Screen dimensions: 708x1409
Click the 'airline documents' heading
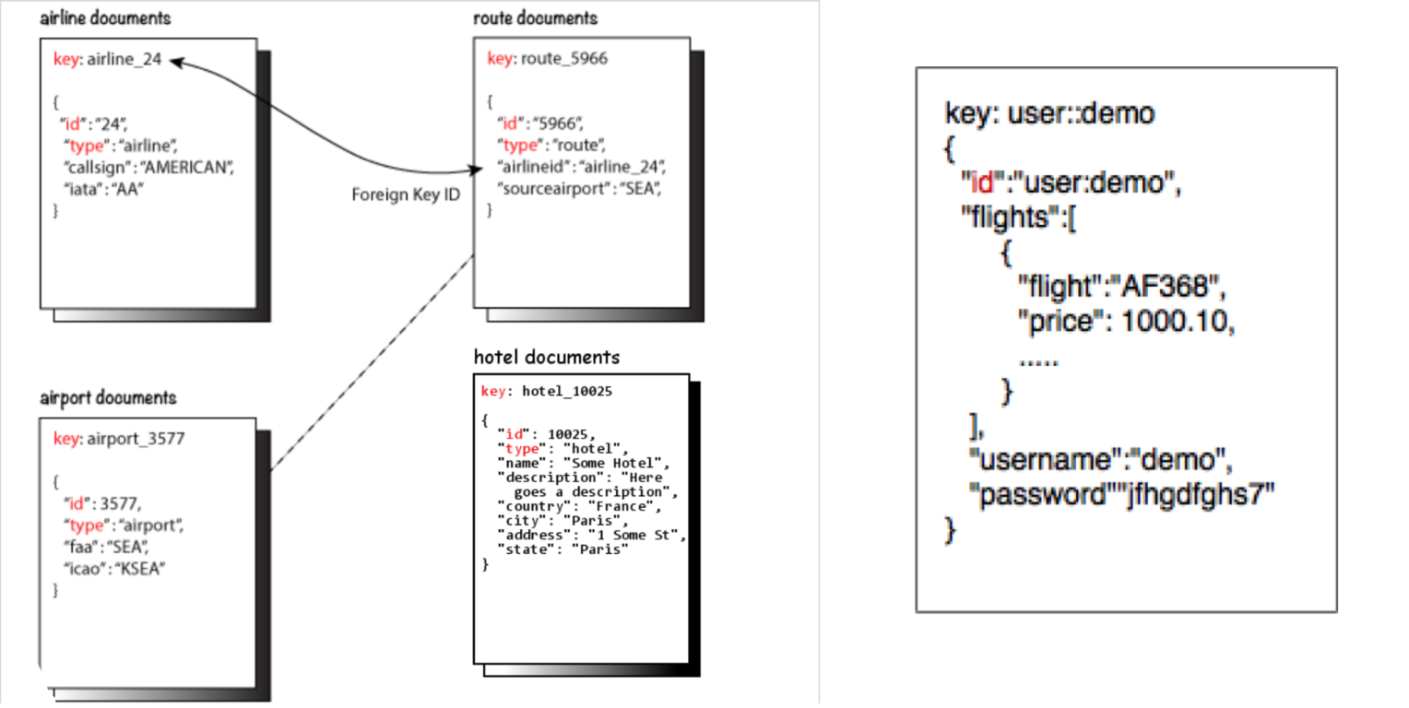coord(105,18)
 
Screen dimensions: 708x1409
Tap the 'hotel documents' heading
coord(546,358)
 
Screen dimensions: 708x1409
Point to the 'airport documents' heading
coord(108,398)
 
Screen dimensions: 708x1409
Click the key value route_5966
coord(564,59)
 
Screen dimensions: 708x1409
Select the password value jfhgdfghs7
coord(1202,494)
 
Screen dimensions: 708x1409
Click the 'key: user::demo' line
coord(1049,114)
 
